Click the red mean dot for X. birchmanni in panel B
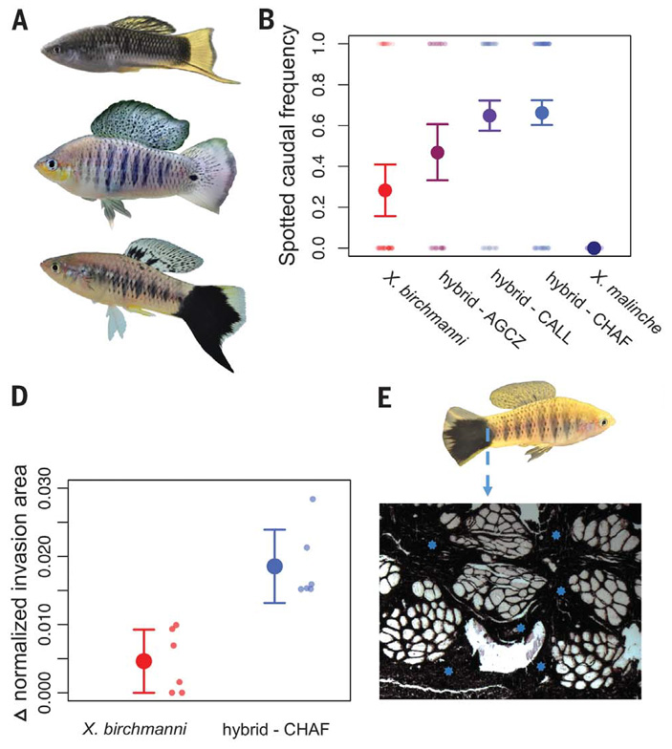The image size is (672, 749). pyautogui.click(x=385, y=190)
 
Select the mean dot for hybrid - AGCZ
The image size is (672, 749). pyautogui.click(x=438, y=152)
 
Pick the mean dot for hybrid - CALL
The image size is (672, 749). pyautogui.click(x=489, y=116)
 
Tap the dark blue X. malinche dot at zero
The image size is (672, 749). pyautogui.click(x=594, y=248)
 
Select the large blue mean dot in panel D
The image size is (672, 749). pyautogui.click(x=274, y=566)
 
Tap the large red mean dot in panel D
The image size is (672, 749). pyautogui.click(x=144, y=661)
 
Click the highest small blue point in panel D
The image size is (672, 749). pyautogui.click(x=312, y=500)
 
